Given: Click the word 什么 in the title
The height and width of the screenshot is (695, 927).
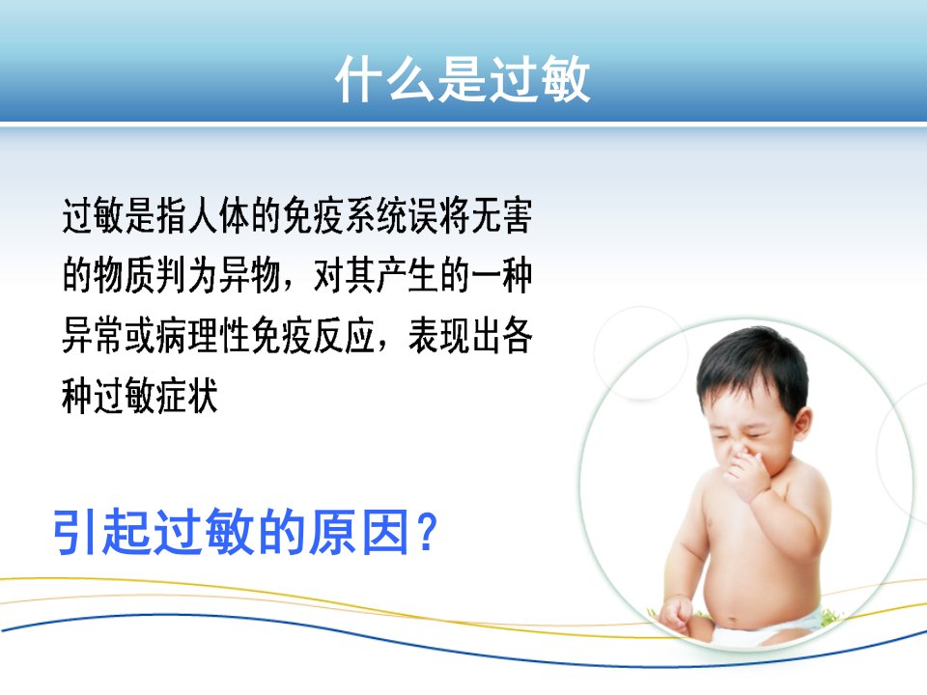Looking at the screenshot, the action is (385, 79).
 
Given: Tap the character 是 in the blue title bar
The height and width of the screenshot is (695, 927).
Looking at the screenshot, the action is (462, 79).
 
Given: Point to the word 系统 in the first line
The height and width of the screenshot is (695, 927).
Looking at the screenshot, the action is (375, 215).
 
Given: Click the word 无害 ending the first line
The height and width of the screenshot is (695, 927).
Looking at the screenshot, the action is (502, 215).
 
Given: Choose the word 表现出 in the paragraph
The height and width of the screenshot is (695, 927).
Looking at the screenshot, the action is (455, 335).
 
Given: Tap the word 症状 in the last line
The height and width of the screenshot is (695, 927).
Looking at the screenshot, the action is (186, 396).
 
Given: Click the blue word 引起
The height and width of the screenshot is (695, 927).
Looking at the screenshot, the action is (101, 532).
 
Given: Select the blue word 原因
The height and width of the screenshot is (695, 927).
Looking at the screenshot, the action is (360, 532).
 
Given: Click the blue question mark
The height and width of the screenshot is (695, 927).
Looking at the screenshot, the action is (427, 532).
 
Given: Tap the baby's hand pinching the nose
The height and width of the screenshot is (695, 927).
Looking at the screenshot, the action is (747, 473).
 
